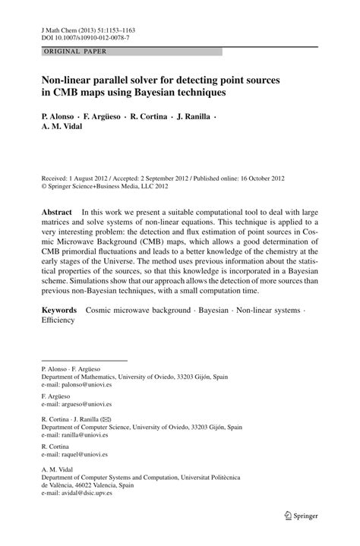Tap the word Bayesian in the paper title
click(147, 93)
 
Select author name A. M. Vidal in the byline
click(62, 126)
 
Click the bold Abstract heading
click(56, 211)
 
